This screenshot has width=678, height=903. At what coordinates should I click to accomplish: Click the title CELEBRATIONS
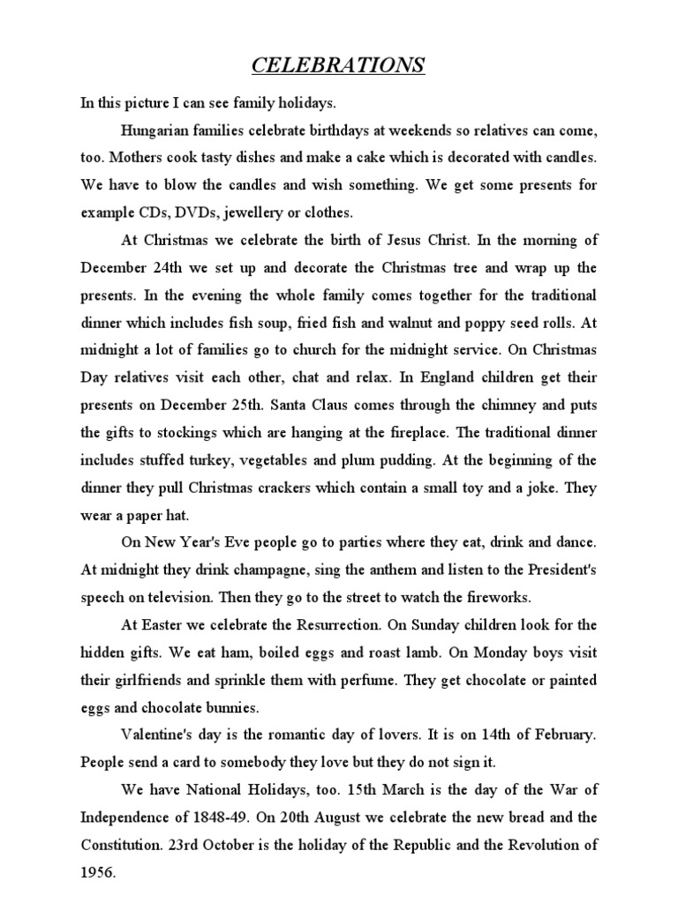pyautogui.click(x=338, y=65)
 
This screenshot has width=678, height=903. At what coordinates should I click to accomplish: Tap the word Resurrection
pyautogui.click(x=347, y=624)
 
